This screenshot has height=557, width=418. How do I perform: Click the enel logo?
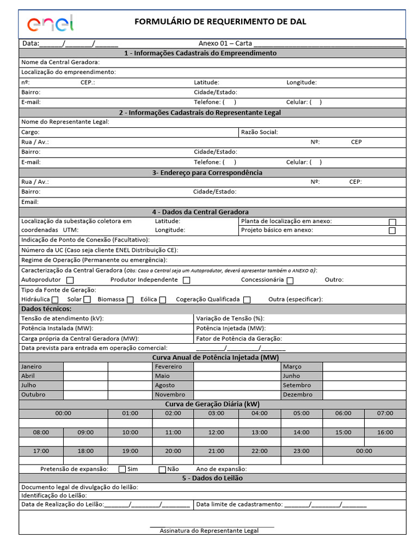[x=50, y=23]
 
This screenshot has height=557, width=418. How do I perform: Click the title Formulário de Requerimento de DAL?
[x=220, y=22]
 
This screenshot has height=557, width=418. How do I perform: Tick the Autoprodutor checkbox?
[x=70, y=280]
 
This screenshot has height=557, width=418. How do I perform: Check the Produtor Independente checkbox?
[x=186, y=280]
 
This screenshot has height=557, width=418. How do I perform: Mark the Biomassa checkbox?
[x=130, y=300]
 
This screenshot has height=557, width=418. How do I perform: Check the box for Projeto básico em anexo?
[x=392, y=231]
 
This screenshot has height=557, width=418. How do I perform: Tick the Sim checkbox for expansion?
[x=122, y=469]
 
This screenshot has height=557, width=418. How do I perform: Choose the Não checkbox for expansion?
[x=162, y=469]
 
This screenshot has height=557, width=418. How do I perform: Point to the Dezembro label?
[x=298, y=395]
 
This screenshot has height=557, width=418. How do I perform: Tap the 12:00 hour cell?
[x=216, y=432]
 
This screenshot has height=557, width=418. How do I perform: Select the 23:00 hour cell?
[x=301, y=451]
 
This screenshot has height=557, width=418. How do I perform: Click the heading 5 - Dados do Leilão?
[x=212, y=478]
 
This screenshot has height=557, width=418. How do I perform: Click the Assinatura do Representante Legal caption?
[x=209, y=530]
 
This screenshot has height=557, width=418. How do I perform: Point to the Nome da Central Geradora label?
[x=60, y=63]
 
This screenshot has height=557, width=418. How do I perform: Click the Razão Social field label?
[x=259, y=132]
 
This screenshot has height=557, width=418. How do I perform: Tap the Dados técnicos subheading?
[x=46, y=309]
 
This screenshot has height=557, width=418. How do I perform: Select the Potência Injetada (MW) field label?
[x=231, y=329]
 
